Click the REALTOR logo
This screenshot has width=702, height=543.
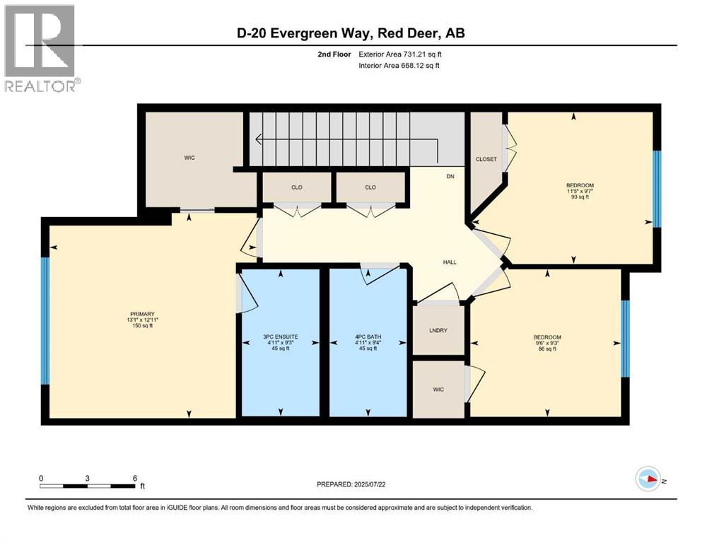point(40,47)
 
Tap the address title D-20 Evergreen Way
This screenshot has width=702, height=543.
point(351,33)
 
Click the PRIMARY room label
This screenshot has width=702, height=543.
point(142,320)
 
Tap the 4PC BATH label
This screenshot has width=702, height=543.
point(368,342)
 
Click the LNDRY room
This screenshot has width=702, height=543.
point(438,330)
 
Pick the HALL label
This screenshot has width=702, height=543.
point(449,262)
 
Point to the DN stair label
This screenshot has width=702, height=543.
point(450,176)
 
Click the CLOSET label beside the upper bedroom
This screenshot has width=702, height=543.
point(486,159)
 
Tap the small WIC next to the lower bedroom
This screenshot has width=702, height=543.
point(438,389)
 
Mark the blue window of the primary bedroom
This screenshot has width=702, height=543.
point(45,320)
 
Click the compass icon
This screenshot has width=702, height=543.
point(649,479)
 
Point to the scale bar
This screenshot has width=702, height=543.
point(88,486)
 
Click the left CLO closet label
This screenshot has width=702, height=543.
point(297,187)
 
